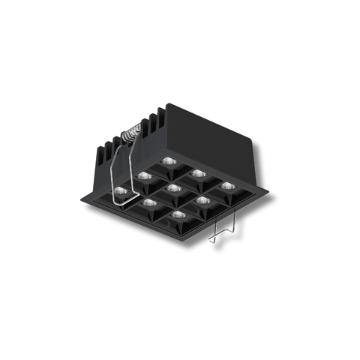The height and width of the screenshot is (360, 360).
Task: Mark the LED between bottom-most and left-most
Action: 150,202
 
